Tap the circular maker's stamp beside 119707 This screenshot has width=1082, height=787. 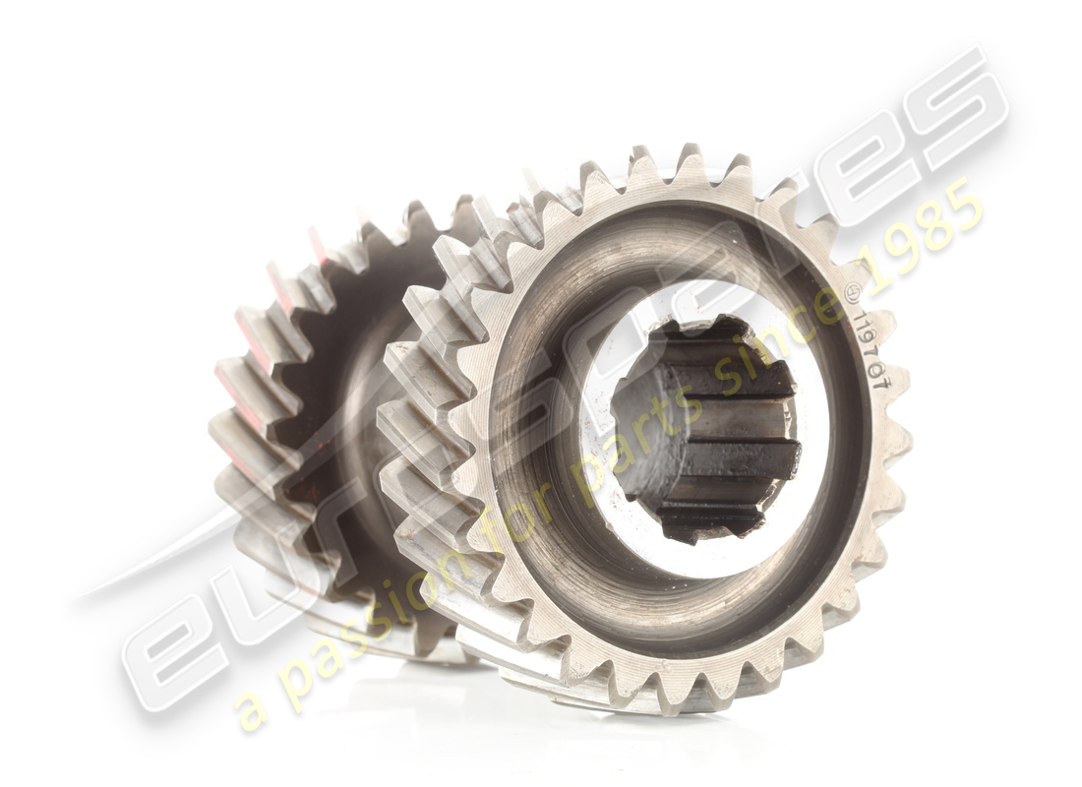[852, 294]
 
